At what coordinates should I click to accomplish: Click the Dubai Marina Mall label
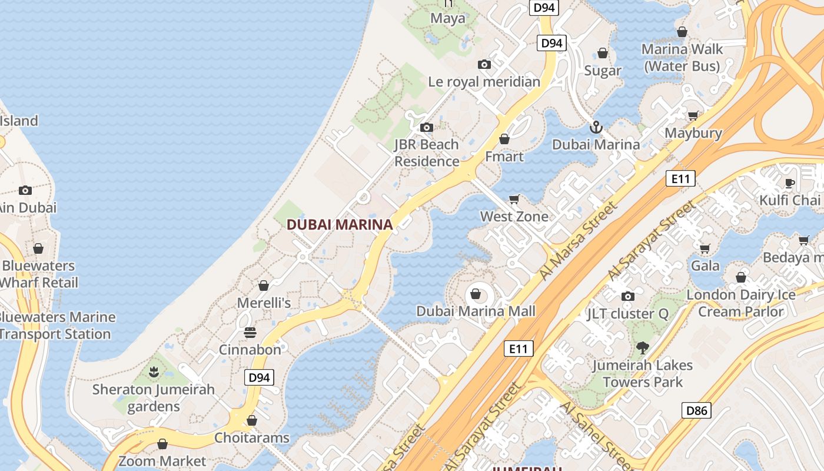pos(476,311)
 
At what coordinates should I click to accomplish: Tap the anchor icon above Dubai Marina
pos(596,127)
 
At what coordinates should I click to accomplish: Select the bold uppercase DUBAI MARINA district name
pos(339,224)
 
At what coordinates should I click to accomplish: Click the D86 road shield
pos(696,410)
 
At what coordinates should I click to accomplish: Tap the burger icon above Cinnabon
pos(250,333)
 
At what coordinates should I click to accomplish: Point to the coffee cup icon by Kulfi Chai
pos(790,183)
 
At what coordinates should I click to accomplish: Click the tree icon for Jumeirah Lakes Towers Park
pos(642,348)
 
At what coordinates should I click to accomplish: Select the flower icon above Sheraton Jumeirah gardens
pos(154,372)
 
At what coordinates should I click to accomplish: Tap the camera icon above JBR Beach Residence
pos(427,127)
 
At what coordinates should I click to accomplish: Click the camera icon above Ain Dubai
pos(25,190)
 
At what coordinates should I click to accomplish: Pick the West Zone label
pos(514,217)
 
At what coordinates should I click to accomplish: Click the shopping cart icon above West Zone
pos(514,200)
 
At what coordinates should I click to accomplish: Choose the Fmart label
pos(504,157)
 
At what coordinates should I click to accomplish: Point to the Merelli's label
pos(264,303)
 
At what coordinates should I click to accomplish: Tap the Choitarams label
pos(252,438)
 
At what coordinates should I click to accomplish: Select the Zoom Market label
pos(162,461)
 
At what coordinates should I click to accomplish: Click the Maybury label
pos(693,133)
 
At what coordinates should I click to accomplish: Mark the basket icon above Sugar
pos(603,54)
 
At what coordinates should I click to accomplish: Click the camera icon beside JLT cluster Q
pos(628,296)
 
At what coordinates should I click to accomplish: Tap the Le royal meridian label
pos(484,82)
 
